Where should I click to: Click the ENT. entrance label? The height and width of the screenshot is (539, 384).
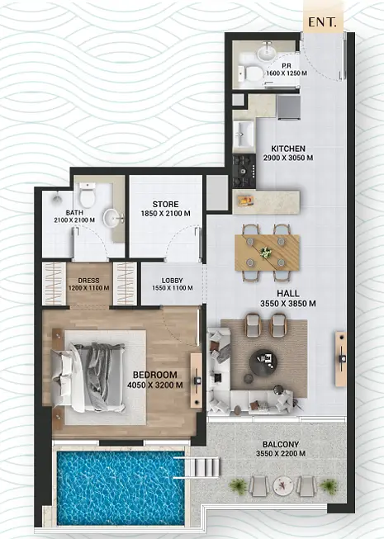pyautogui.click(x=321, y=22)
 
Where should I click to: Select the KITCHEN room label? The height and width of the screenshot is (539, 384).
pyautogui.click(x=288, y=149)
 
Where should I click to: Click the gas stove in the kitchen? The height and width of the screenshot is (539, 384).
pyautogui.click(x=244, y=171)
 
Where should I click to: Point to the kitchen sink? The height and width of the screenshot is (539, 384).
pyautogui.click(x=244, y=133)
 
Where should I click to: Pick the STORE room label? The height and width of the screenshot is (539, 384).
pyautogui.click(x=165, y=204)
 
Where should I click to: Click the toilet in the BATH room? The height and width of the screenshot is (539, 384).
pyautogui.click(x=87, y=195)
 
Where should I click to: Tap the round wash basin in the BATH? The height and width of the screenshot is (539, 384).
pyautogui.click(x=114, y=217)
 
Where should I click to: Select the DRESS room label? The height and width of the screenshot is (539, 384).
pyautogui.click(x=88, y=281)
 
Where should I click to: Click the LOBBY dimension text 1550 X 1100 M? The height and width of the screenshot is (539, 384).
pyautogui.click(x=173, y=288)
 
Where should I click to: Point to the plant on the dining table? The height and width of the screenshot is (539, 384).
pyautogui.click(x=266, y=253)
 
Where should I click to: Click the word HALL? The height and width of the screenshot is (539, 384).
pyautogui.click(x=288, y=293)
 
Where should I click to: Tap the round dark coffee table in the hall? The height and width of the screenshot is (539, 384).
pyautogui.click(x=263, y=363)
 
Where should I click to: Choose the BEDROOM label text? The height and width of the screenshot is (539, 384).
pyautogui.click(x=155, y=375)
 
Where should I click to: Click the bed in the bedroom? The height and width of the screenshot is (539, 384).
pyautogui.click(x=88, y=377)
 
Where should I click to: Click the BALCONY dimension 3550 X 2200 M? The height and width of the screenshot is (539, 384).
pyautogui.click(x=281, y=454)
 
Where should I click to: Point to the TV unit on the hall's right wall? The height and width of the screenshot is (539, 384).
pyautogui.click(x=341, y=359)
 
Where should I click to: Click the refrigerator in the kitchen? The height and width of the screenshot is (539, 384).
pyautogui.click(x=289, y=107)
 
